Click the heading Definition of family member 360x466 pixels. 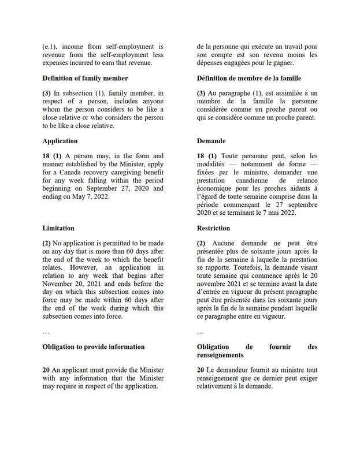pos(85,78)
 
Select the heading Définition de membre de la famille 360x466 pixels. pos(249,78)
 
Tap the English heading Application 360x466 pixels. pos(60,141)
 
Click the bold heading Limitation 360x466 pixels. pos(58,229)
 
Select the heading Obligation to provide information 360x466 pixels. pos(94,347)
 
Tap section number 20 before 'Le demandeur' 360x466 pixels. pos(201,370)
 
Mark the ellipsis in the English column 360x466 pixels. pos(46,332)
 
